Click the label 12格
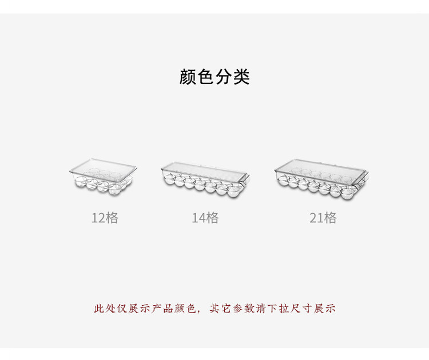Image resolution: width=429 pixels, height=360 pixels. pos(105,218)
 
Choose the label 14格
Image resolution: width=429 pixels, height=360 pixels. pos(205,218)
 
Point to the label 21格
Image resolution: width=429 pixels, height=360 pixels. pos(323,218)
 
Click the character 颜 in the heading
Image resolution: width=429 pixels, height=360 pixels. pos(188,77)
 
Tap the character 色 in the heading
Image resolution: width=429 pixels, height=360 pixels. pos(205,77)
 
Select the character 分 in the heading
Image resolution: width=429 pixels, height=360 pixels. pos(223,77)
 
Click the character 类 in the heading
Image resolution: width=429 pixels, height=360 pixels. pos(241,77)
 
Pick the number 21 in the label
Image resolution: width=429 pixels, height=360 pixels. pos(316,218)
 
